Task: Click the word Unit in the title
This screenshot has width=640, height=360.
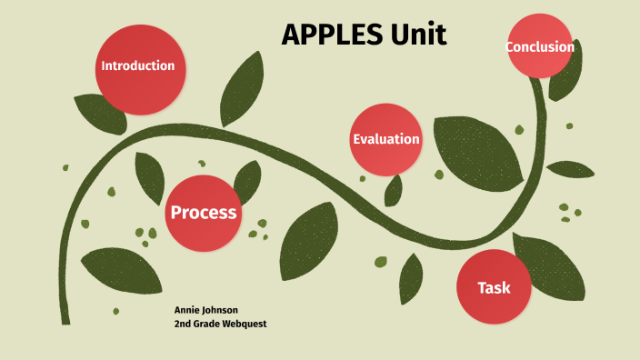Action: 418,35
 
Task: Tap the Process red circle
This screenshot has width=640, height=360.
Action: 204,212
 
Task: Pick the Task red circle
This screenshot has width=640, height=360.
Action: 494,287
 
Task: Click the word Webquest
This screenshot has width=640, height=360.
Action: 244,324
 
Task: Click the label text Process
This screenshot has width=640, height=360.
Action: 204,213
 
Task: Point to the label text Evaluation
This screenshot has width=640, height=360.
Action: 386,139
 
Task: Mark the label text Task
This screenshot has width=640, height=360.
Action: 494,288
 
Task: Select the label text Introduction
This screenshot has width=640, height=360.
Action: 137,65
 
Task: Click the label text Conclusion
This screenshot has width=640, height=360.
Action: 540,47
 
